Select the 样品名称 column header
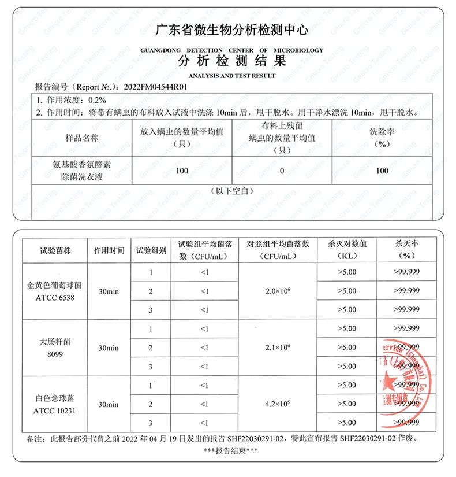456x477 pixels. pos(83,139)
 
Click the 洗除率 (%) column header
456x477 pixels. pos(382,139)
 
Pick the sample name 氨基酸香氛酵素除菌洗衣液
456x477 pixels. pos(83,171)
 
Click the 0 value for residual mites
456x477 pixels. pos(282,171)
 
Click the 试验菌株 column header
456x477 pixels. pos(55,250)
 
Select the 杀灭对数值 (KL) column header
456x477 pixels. pos(347,250)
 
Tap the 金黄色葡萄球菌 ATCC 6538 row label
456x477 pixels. pos(55,291)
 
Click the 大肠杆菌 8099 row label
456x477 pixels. pos(55,347)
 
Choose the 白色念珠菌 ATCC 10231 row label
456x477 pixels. pos(55,404)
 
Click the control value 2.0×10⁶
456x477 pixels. pos(278,291)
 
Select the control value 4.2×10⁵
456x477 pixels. pos(278,404)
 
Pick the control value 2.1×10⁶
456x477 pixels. pos(278,347)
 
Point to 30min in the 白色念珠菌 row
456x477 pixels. pos(109,404)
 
